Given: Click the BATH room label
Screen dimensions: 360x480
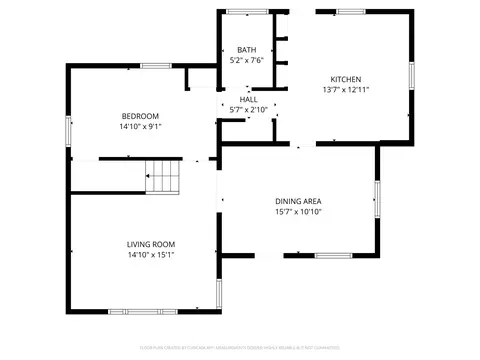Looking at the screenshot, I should click(x=246, y=50).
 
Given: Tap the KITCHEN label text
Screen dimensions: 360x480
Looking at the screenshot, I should click(x=346, y=79).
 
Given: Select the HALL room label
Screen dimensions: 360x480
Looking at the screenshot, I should click(x=249, y=100).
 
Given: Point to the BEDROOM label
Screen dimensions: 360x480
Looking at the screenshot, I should click(x=141, y=116).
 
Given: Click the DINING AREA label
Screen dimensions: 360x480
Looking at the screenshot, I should click(x=298, y=201).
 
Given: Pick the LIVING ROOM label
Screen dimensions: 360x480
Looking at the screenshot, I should click(x=151, y=244).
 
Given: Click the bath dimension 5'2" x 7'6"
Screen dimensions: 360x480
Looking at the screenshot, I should click(x=246, y=61).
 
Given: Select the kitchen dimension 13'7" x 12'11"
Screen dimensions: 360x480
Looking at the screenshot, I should click(x=346, y=90).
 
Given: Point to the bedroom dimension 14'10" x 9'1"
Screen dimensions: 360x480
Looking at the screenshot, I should click(x=141, y=127).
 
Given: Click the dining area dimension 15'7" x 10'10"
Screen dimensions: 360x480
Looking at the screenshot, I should click(x=298, y=212).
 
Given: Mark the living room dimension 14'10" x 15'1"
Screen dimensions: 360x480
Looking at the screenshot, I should click(x=151, y=255).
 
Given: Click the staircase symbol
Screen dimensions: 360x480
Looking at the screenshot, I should click(x=163, y=180).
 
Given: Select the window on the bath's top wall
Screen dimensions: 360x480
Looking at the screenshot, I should click(x=241, y=11).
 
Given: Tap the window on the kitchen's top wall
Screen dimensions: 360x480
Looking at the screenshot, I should click(x=350, y=11).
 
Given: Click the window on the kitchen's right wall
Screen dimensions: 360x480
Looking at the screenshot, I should click(x=411, y=76).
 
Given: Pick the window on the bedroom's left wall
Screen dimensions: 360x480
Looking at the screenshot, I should click(x=69, y=129).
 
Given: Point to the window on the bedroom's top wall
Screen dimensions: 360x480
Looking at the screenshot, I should click(x=155, y=66).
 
